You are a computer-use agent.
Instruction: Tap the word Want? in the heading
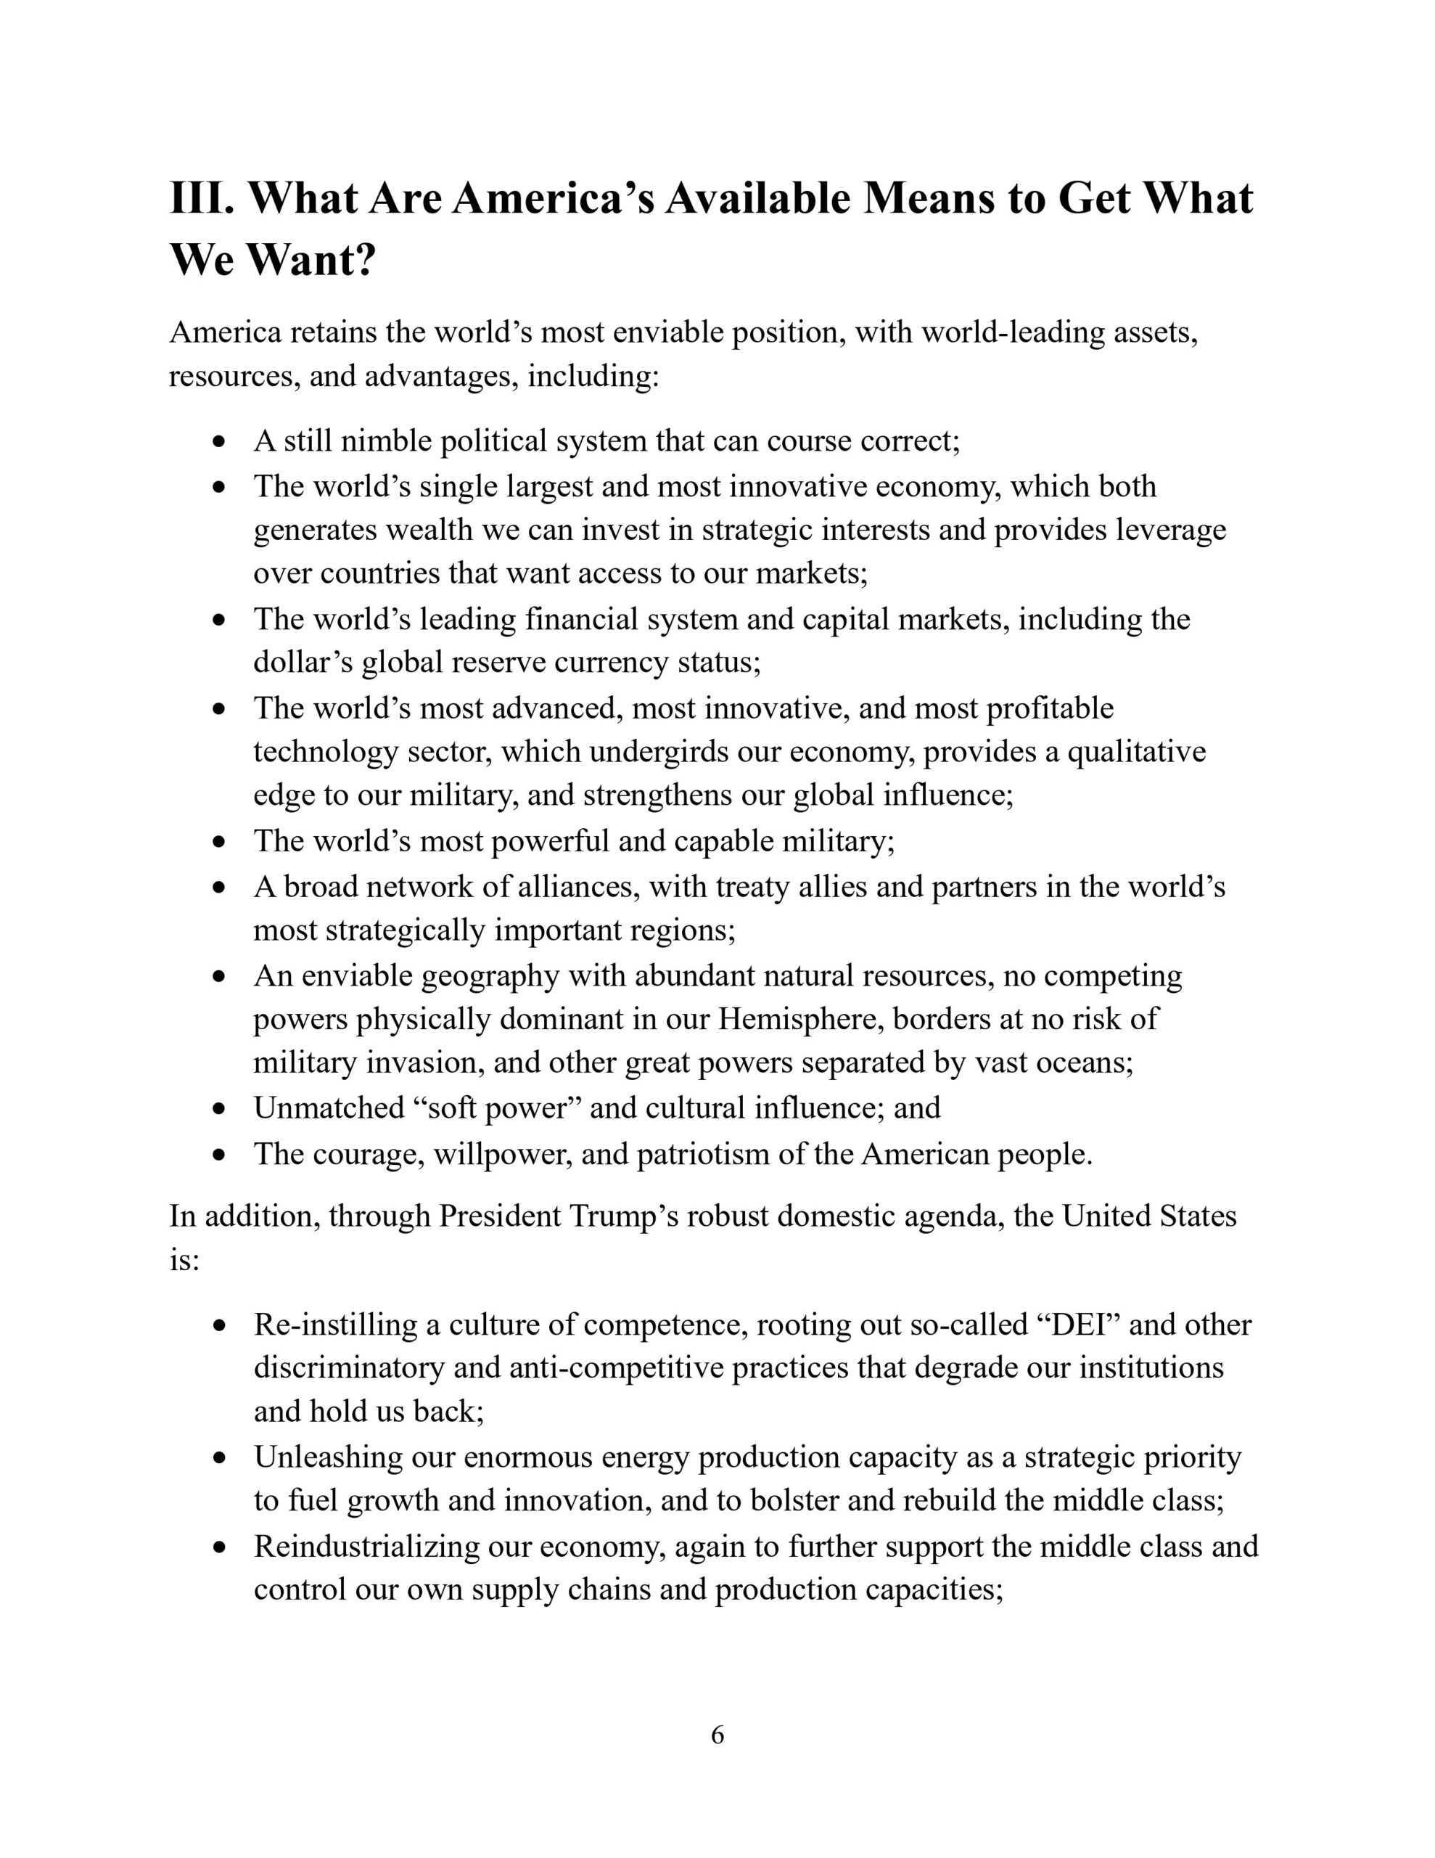click(x=311, y=260)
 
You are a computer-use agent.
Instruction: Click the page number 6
click(x=717, y=1735)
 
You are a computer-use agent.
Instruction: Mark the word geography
click(x=490, y=975)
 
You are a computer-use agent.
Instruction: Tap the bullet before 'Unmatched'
click(x=221, y=1109)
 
